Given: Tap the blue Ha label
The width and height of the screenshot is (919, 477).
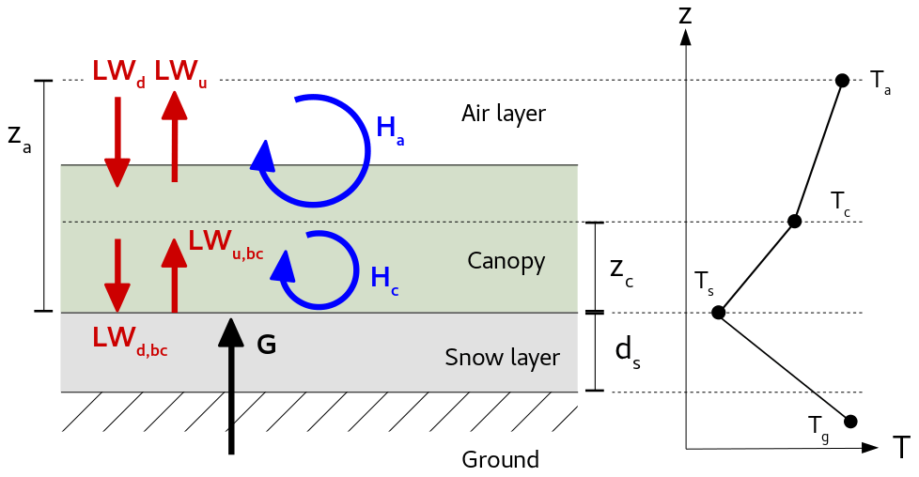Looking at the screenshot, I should point(390,130).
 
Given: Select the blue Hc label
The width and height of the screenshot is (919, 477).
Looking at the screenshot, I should point(383,279).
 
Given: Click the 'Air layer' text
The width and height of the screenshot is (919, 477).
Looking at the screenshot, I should point(503,114).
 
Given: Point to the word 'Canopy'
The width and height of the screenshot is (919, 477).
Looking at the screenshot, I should point(506,261).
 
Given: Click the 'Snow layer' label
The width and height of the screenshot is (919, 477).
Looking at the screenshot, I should point(502,358).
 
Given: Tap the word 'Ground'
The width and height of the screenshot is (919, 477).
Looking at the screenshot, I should point(500,460).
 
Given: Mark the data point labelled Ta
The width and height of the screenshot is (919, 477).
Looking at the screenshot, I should point(842,81).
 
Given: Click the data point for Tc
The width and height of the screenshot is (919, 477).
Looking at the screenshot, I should point(794,222).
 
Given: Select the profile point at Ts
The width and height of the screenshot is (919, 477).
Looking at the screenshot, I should point(718,313).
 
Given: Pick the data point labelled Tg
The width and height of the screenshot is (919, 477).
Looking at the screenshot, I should point(850,422).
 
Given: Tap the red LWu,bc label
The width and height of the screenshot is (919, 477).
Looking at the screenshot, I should point(225,242).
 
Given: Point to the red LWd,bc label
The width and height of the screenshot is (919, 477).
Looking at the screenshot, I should point(130,338).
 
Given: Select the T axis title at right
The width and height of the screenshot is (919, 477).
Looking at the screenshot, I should point(901,448).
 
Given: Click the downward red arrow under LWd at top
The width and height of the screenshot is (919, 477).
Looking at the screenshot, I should point(117,141).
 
